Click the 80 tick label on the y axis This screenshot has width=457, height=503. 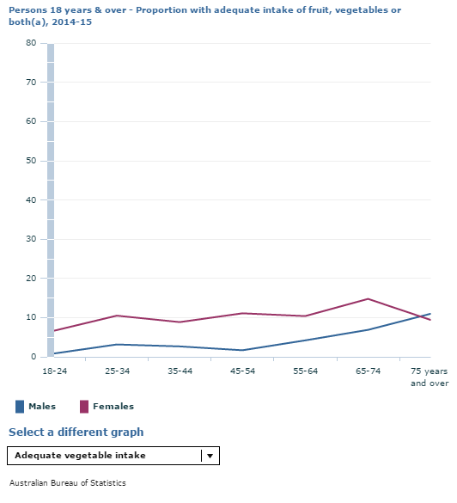coord(31,43)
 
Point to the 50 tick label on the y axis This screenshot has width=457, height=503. coord(31,161)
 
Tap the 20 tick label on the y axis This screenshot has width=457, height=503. coord(31,279)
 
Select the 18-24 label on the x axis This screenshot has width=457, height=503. coord(53,371)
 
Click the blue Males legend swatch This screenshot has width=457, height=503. coord(19,407)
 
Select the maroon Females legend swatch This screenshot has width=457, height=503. coord(83,407)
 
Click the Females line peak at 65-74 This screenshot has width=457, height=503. coord(368,299)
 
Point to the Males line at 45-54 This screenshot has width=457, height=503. coord(242,350)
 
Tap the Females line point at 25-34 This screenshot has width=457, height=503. coord(117,316)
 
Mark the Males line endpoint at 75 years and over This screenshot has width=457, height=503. coord(430,314)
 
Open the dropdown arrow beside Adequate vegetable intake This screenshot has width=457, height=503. coord(210,456)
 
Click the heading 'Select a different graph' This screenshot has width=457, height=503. coord(76,432)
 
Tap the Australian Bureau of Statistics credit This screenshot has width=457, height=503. coord(67,483)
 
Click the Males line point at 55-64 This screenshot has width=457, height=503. coord(305,340)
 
